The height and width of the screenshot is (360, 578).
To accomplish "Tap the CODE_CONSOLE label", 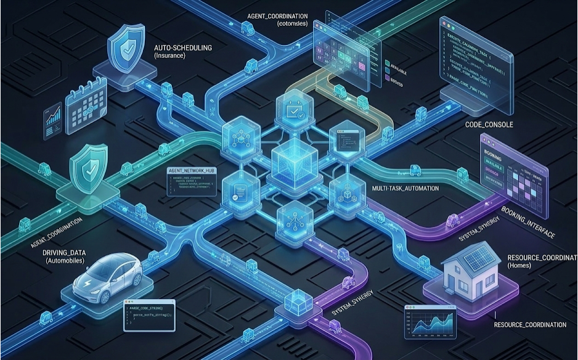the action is click(489, 125).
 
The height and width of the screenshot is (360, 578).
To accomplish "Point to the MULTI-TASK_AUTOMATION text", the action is click(406, 188).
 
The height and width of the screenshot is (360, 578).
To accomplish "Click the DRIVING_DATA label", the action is click(64, 253).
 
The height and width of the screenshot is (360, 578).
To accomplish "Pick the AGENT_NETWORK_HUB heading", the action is click(191, 170).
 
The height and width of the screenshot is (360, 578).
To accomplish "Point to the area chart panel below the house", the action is click(434, 322).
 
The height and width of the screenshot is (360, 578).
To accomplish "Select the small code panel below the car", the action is click(149, 315).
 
